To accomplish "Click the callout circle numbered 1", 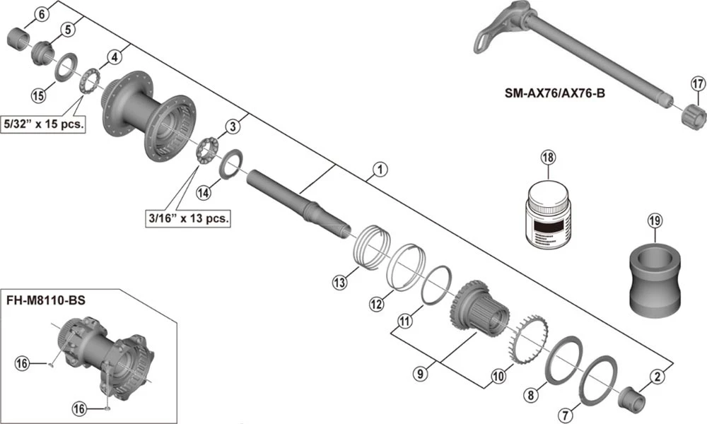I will coord(380,170).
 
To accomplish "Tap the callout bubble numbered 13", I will coord(340,283).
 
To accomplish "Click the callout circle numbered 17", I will coord(697,85).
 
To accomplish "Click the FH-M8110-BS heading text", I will coord(45,300).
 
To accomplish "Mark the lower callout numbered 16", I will coord(81,408).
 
